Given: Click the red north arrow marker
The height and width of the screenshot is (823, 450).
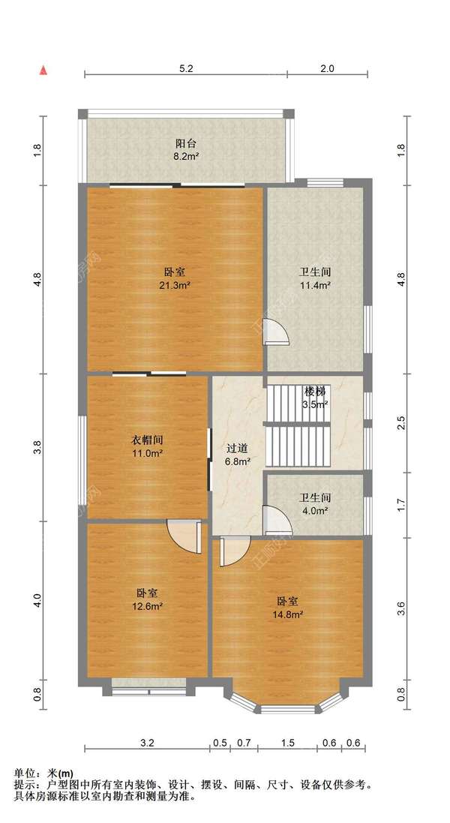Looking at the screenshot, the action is click(x=44, y=70).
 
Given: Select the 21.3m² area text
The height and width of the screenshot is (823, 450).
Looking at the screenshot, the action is click(x=175, y=286).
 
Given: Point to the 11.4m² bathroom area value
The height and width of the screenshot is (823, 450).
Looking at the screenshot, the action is click(x=315, y=286).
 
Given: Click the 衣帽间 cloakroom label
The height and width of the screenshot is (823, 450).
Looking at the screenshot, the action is click(x=146, y=440).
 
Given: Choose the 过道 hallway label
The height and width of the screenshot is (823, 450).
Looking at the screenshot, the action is click(x=237, y=449).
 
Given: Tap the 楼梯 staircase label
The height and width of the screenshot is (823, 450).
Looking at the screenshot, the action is click(x=315, y=391).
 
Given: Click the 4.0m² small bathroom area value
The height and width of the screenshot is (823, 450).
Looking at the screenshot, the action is click(x=314, y=510).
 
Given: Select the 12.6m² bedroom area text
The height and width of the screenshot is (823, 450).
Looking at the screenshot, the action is click(x=146, y=606).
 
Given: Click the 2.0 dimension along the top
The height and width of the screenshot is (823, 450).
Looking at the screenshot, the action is click(x=327, y=68).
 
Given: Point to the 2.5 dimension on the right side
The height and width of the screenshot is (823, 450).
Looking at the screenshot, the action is click(x=401, y=422).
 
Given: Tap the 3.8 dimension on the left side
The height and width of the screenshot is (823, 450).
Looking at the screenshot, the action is click(x=37, y=447).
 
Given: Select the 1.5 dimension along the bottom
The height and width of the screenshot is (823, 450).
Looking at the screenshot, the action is click(x=287, y=743).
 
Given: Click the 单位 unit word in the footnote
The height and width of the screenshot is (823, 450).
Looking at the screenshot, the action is click(x=23, y=773).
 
